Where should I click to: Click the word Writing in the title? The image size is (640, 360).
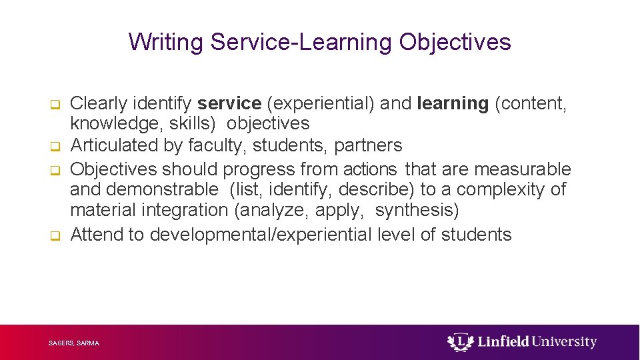(166, 42)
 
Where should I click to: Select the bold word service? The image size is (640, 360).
(229, 103)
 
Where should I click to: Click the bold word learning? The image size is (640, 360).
(453, 103)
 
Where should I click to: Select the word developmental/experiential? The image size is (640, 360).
(261, 235)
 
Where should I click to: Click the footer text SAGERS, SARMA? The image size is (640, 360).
(74, 343)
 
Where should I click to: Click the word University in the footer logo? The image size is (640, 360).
(564, 342)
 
